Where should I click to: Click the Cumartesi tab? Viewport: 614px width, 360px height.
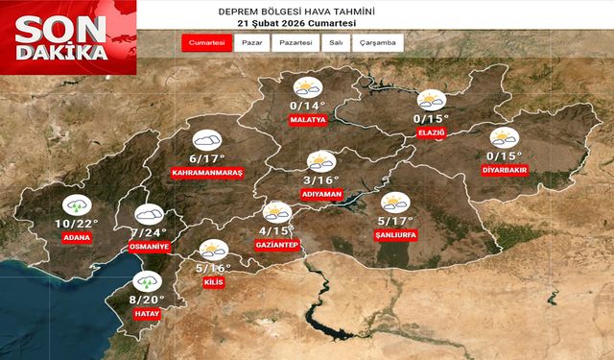coord(207,43)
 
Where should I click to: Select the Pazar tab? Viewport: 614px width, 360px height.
coord(252,43)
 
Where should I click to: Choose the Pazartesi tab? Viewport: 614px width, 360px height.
coord(295,43)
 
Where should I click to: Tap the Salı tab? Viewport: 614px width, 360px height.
coord(337,43)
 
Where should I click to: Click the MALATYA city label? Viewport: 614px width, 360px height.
coord(308,121)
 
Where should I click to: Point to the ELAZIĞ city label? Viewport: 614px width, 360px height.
coord(431,132)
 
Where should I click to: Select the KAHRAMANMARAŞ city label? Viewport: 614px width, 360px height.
coord(206,173)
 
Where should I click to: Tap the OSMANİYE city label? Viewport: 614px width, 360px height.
coord(149,247)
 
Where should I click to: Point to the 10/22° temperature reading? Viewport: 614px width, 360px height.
coord(76,223)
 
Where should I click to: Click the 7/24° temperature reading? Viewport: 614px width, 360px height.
coord(149,232)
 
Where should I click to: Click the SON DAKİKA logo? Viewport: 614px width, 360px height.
coord(67,36)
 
